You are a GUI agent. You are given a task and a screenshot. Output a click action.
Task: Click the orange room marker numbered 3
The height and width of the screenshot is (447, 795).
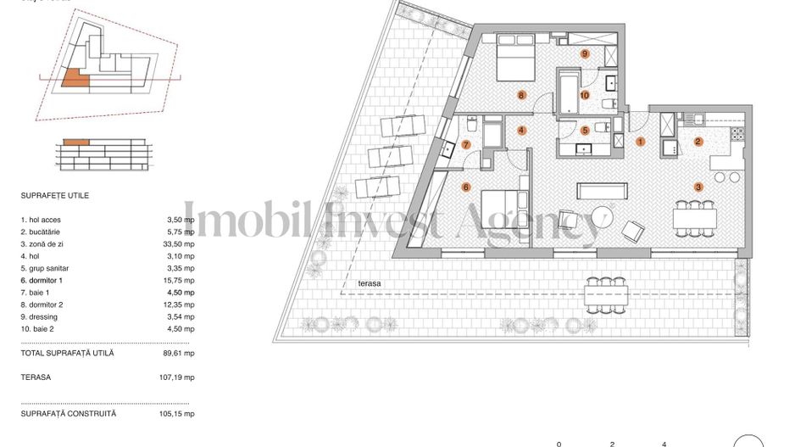(698, 186)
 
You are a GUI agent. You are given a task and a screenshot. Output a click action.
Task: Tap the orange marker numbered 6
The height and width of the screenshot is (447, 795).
(465, 187)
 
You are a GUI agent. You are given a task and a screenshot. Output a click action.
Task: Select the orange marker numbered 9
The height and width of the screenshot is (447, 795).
(585, 53)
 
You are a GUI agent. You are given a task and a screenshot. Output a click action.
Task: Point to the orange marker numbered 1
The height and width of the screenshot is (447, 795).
(641, 142)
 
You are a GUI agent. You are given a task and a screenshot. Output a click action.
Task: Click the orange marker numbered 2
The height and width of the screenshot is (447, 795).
(698, 142)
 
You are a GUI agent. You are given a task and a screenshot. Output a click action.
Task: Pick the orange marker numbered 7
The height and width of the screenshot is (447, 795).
(465, 144)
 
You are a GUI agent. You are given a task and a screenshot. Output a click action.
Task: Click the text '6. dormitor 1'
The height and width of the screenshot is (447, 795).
(42, 280)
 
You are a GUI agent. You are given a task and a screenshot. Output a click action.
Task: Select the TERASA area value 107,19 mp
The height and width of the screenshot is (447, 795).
(180, 377)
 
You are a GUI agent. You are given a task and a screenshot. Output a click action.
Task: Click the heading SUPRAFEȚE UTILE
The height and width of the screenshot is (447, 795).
(55, 195)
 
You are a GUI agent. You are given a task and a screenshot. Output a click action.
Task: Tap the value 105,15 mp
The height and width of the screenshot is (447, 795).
(181, 414)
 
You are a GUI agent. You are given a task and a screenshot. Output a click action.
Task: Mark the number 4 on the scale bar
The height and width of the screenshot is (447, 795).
(664, 443)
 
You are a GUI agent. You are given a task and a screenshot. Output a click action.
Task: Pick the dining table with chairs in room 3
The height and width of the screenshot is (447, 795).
(695, 218)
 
